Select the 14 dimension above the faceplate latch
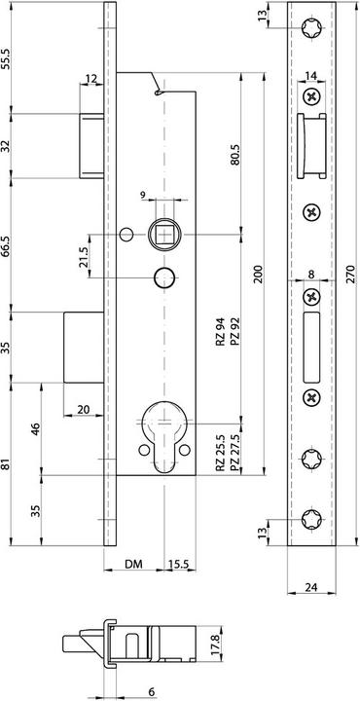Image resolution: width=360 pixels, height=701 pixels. pos(310,75)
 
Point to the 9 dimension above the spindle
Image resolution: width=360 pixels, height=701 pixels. pos(142,195)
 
